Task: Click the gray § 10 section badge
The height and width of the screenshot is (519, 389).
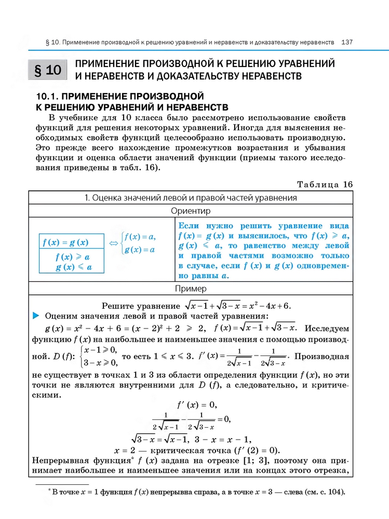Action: (x=47, y=70)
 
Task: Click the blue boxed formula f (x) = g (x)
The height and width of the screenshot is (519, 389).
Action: (x=65, y=242)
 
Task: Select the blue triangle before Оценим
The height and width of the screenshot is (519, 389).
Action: (x=36, y=316)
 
